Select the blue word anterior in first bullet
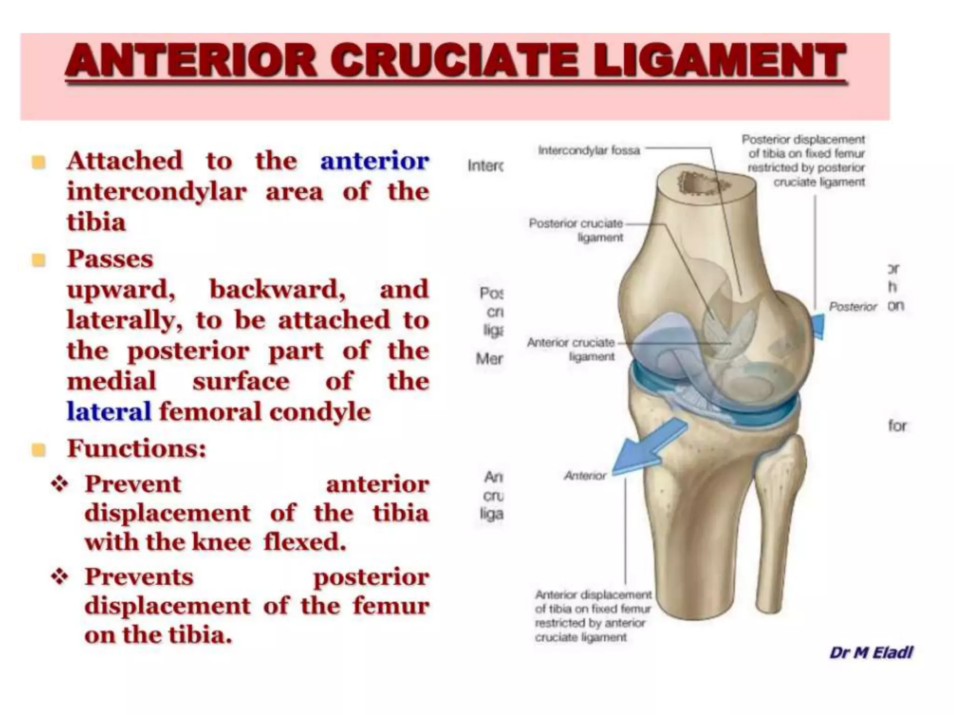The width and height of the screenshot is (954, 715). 374,161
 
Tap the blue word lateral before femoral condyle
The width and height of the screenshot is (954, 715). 109,412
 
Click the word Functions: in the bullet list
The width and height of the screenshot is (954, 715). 136,449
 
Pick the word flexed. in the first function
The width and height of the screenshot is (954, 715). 305,542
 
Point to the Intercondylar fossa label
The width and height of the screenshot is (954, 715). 589,150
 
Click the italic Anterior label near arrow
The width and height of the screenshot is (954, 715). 585,476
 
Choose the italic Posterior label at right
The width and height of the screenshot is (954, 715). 852,307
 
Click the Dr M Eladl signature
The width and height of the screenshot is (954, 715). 871,653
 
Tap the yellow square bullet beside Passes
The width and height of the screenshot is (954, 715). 39,259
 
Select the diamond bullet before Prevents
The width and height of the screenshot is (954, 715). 60,577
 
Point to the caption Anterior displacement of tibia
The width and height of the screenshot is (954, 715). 593,615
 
